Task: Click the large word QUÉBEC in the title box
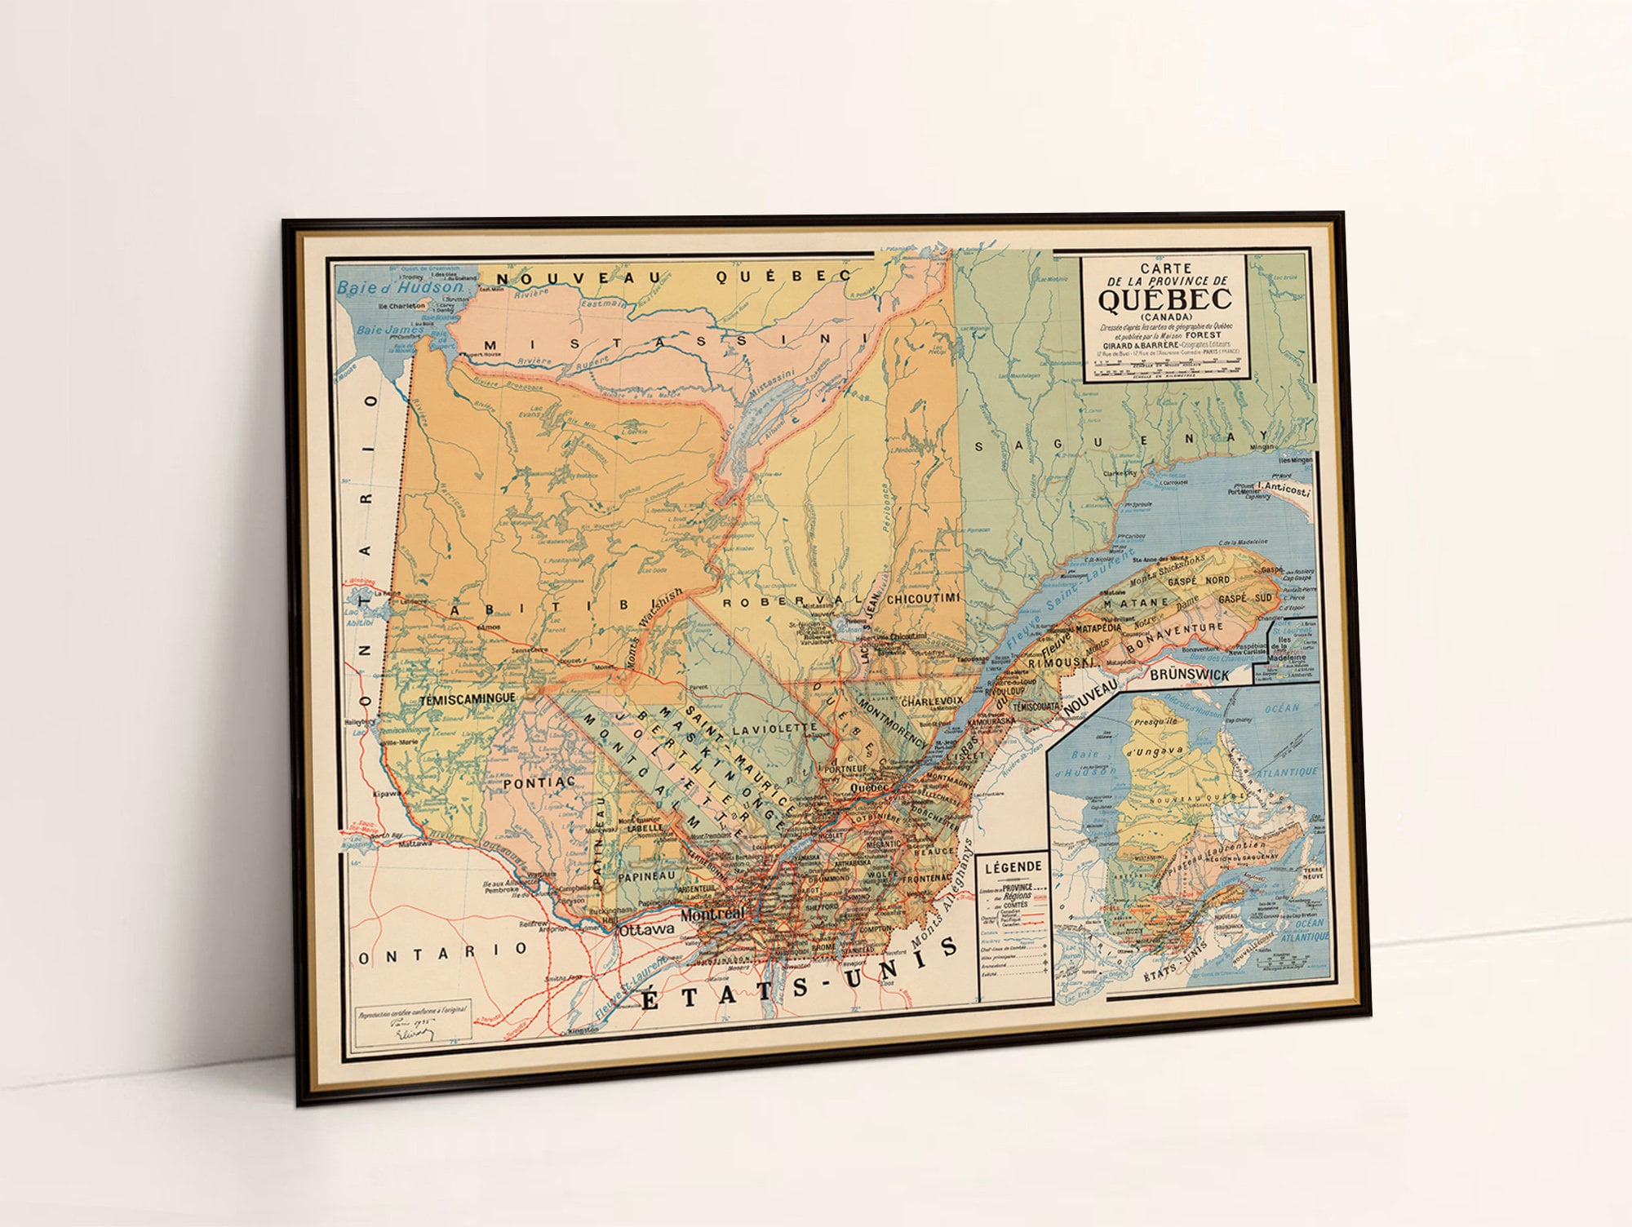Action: [1164, 299]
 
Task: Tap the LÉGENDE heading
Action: [1013, 867]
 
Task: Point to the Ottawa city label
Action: [646, 929]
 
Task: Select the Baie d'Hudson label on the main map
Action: [400, 287]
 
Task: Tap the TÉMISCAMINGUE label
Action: [467, 699]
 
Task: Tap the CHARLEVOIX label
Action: [932, 701]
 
